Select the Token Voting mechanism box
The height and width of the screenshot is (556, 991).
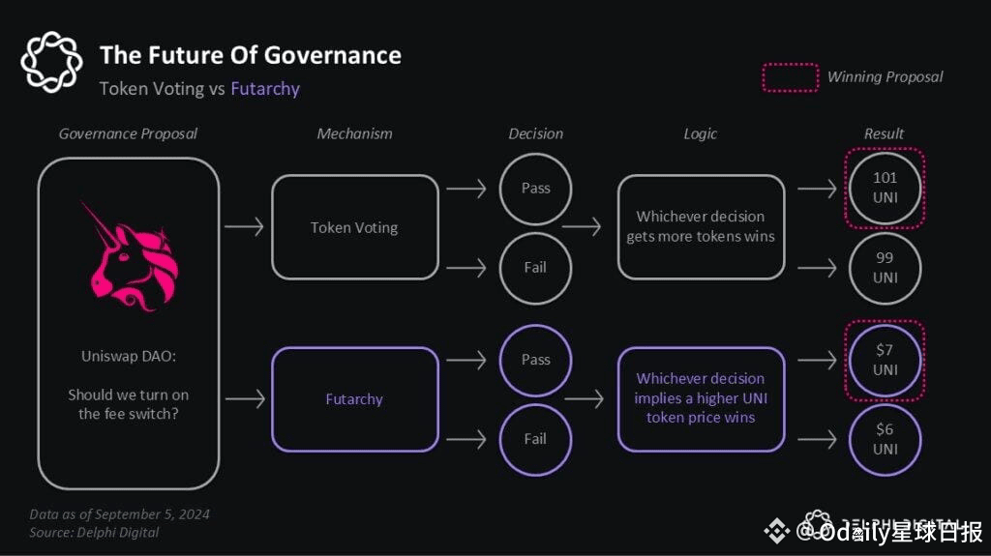pos(354,227)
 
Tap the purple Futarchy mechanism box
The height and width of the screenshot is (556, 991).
pos(354,398)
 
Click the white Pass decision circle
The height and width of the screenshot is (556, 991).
pos(535,189)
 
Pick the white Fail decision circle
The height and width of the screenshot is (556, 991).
pos(535,268)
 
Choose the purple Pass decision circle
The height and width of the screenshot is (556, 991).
pos(535,360)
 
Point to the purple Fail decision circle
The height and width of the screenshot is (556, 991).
pos(535,439)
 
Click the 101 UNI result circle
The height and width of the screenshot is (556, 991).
pos(885,188)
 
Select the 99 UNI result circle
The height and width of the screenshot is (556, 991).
pos(885,268)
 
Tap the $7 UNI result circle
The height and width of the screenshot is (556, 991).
pos(885,360)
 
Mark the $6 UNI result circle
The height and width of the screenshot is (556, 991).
pos(885,439)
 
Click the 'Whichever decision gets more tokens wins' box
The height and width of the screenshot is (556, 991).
pos(701,227)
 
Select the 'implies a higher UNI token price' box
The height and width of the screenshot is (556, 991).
pos(701,398)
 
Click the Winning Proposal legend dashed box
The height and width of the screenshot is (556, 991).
pos(789,77)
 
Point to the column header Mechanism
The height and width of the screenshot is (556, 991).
pos(354,133)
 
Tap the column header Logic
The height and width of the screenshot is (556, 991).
pos(701,133)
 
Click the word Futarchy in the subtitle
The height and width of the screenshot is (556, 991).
pos(265,89)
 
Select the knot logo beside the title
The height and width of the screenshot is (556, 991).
pos(52,63)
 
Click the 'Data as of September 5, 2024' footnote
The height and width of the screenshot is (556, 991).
pos(119,514)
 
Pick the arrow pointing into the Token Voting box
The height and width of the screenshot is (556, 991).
pos(244,227)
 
